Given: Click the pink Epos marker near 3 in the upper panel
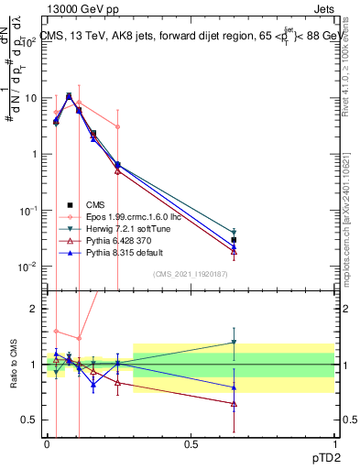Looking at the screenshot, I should [117, 127].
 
